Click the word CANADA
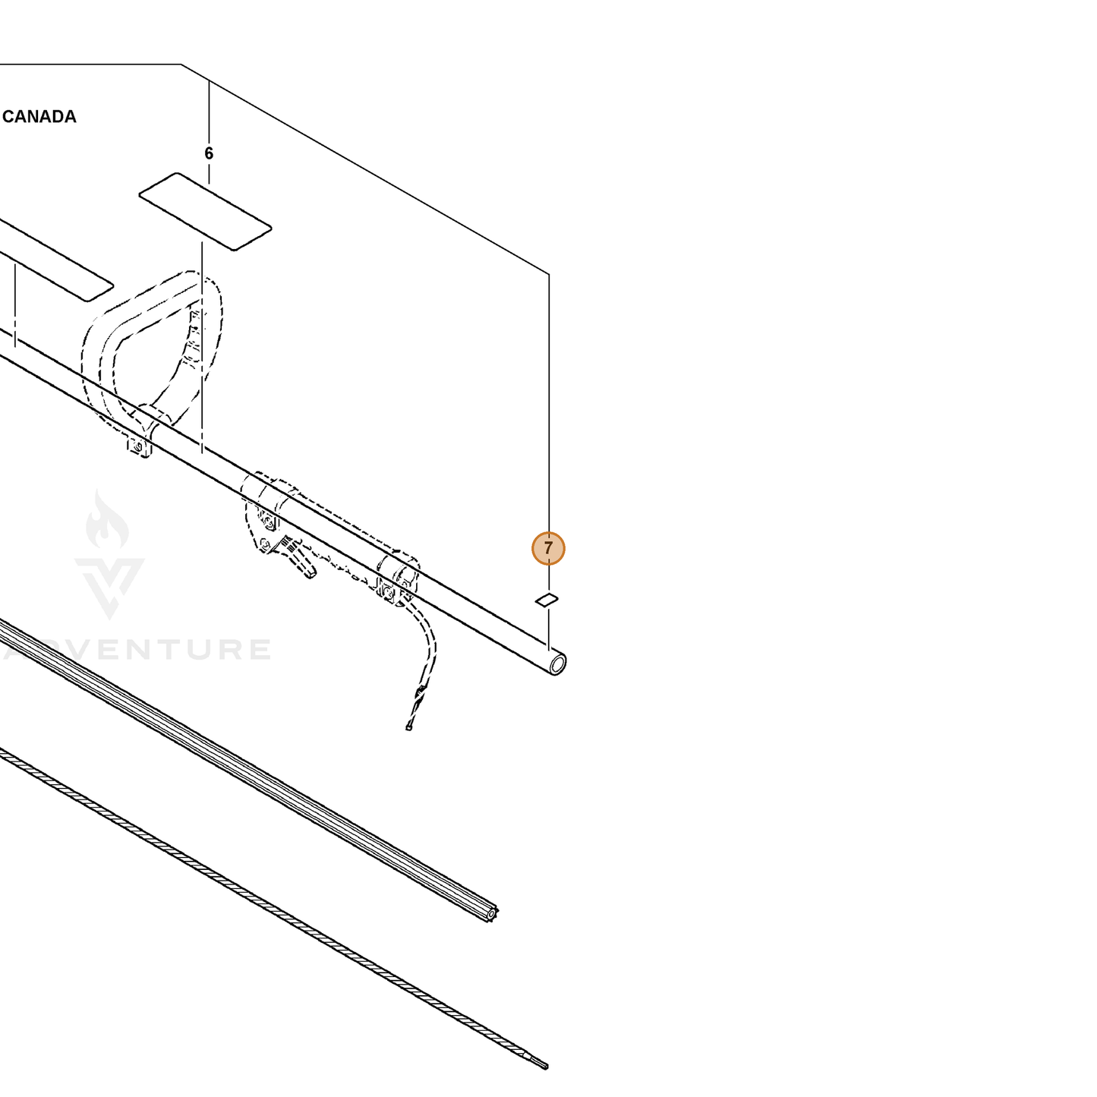coord(39,117)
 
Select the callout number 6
coord(209,153)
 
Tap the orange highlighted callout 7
coord(548,548)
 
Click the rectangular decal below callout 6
coord(205,211)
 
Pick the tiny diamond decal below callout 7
coord(547,599)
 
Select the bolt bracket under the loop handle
coord(138,447)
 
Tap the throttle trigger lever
coord(296,557)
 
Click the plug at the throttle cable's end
coord(408,727)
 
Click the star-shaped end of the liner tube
coord(490,914)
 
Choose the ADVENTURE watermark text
coord(137,650)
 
